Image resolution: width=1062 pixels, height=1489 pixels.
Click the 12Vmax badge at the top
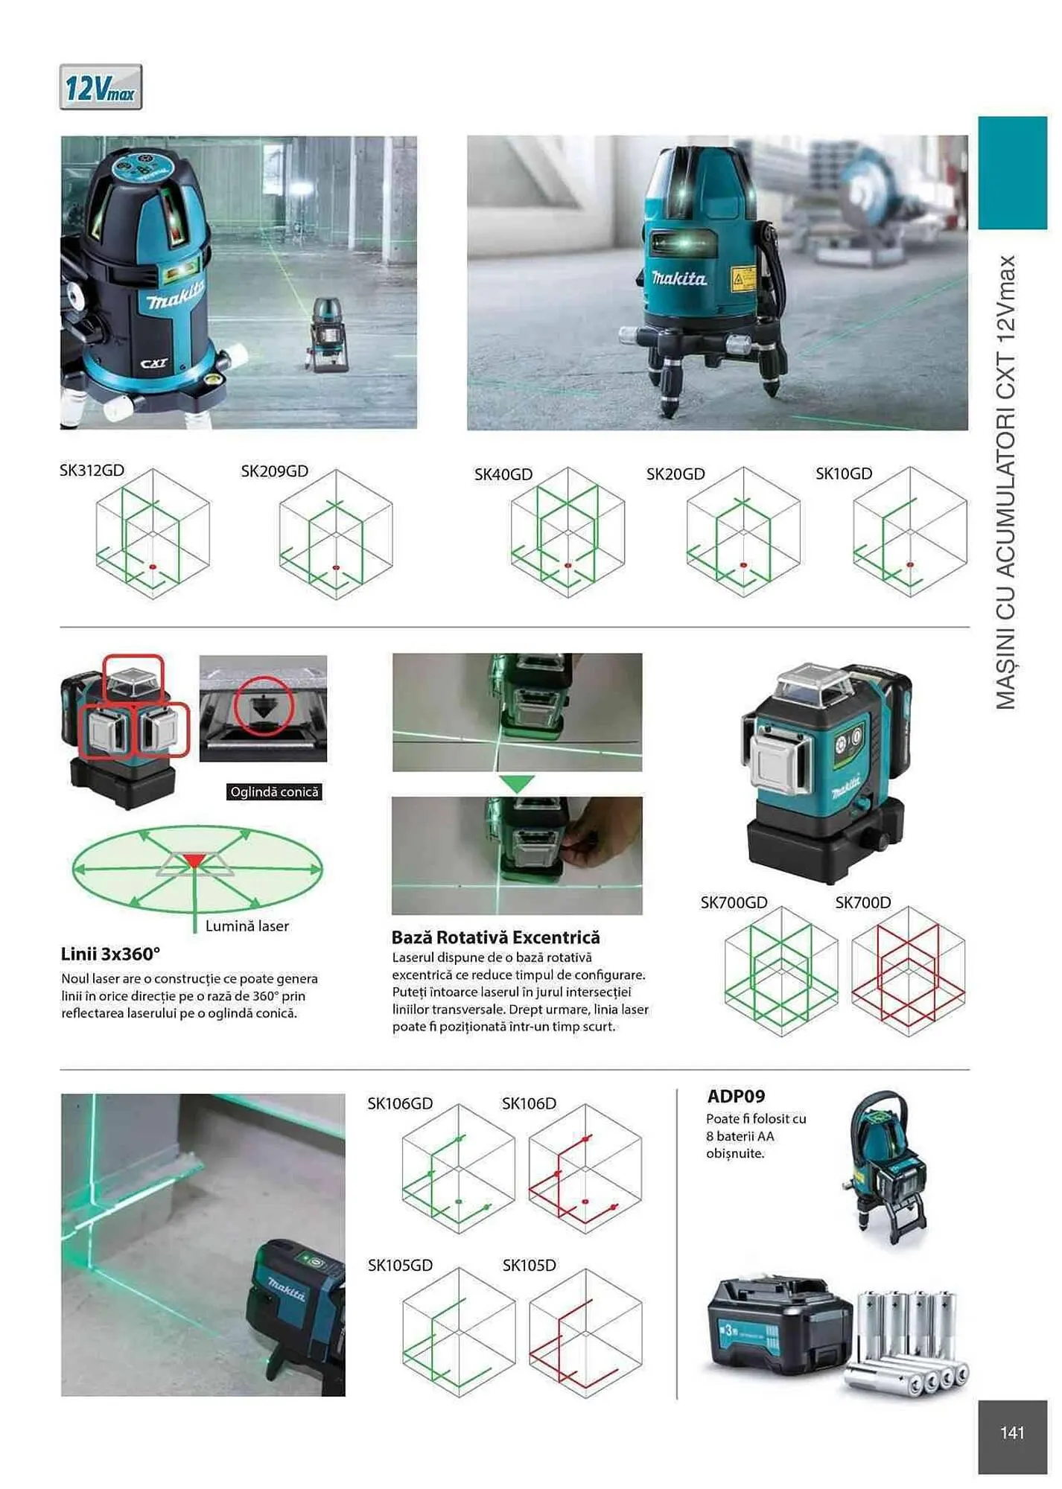coord(101,88)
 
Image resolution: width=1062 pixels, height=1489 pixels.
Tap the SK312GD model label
coord(92,471)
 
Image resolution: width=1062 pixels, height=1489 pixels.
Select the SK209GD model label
coord(274,471)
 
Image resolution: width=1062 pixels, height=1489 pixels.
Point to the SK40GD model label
coord(503,474)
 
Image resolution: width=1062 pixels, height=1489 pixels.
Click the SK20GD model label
coord(675,474)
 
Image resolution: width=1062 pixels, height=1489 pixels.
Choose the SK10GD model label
coord(843,474)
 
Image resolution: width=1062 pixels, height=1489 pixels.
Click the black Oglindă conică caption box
coord(274,792)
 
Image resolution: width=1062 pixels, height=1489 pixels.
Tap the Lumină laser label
coord(247,926)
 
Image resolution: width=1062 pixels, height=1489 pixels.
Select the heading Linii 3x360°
coord(110,954)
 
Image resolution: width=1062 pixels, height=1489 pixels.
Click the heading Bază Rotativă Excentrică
coord(495,937)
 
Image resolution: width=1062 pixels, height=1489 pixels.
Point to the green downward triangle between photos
coord(517,783)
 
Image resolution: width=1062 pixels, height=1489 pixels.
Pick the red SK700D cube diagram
coord(908,972)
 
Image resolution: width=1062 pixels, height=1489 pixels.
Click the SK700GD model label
coord(734,902)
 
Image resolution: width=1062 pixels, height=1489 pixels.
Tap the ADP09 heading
coord(736,1096)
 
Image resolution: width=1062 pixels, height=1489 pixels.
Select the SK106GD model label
coord(400,1103)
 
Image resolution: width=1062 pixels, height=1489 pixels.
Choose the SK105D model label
coord(529,1265)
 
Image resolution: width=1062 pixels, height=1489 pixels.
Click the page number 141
coord(1012,1432)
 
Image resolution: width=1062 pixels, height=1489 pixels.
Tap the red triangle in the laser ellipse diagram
coord(194,861)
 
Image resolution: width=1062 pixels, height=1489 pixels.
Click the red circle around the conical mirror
coord(263,706)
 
